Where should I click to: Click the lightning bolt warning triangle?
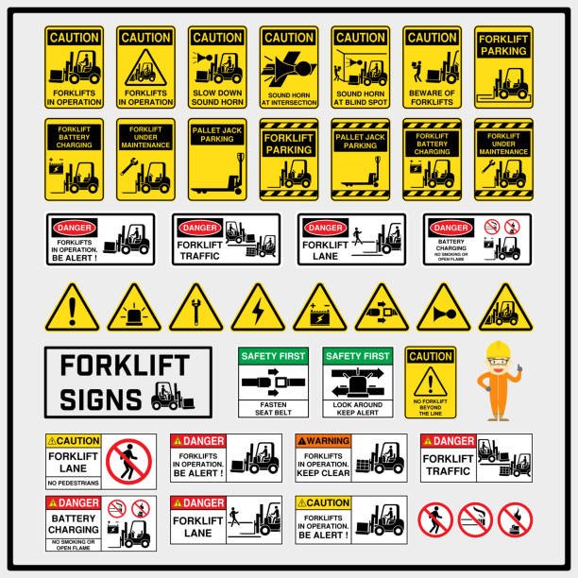(258, 309)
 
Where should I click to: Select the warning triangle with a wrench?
(196, 309)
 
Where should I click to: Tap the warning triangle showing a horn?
(443, 309)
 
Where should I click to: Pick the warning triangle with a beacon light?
(135, 309)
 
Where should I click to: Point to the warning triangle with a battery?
(319, 309)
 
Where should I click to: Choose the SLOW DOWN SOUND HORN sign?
(216, 67)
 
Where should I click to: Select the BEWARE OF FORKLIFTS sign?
(432, 67)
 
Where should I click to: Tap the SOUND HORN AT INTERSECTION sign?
(288, 67)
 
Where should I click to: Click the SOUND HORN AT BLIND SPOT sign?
(360, 67)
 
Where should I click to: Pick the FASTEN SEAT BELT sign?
(275, 382)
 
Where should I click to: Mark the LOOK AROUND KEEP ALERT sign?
(358, 382)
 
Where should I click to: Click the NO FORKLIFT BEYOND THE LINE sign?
(432, 382)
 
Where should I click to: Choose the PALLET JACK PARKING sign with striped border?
(360, 160)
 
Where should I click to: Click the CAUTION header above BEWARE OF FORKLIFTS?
(432, 37)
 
